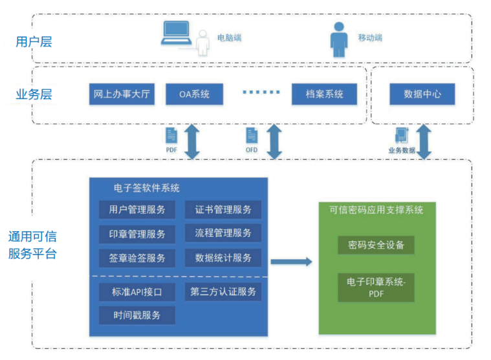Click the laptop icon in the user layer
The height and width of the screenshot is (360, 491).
point(177,32)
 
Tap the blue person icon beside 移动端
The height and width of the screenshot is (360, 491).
point(339,39)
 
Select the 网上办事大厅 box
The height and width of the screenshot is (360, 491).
point(122,94)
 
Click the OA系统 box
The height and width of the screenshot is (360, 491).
point(195,94)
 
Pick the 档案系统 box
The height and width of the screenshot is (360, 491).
point(324,94)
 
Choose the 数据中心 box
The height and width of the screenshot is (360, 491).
point(422,94)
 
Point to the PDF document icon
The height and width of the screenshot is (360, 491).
point(171,136)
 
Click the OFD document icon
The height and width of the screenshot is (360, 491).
point(252,136)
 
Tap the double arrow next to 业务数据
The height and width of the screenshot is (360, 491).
point(424,142)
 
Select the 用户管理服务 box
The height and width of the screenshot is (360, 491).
point(137,210)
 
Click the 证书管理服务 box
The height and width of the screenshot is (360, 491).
point(223,210)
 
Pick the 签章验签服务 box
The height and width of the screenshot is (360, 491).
point(137,258)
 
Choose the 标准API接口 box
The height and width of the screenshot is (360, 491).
point(137,292)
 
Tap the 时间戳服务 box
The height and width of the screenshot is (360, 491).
point(137,315)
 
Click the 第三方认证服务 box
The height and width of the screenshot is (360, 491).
point(223,292)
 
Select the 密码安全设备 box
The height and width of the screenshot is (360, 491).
point(376,245)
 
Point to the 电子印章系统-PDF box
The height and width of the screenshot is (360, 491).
point(376,287)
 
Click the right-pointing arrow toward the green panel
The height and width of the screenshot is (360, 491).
point(292,262)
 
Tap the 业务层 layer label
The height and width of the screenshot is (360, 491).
point(34,95)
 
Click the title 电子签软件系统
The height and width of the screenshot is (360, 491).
point(147,188)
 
